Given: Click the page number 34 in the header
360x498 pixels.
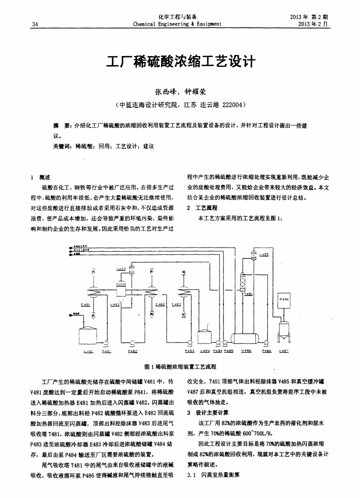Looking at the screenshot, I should point(35,24).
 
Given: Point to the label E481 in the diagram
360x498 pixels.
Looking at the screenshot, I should point(86,304).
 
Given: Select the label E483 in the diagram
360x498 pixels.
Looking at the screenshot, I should point(175,304).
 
